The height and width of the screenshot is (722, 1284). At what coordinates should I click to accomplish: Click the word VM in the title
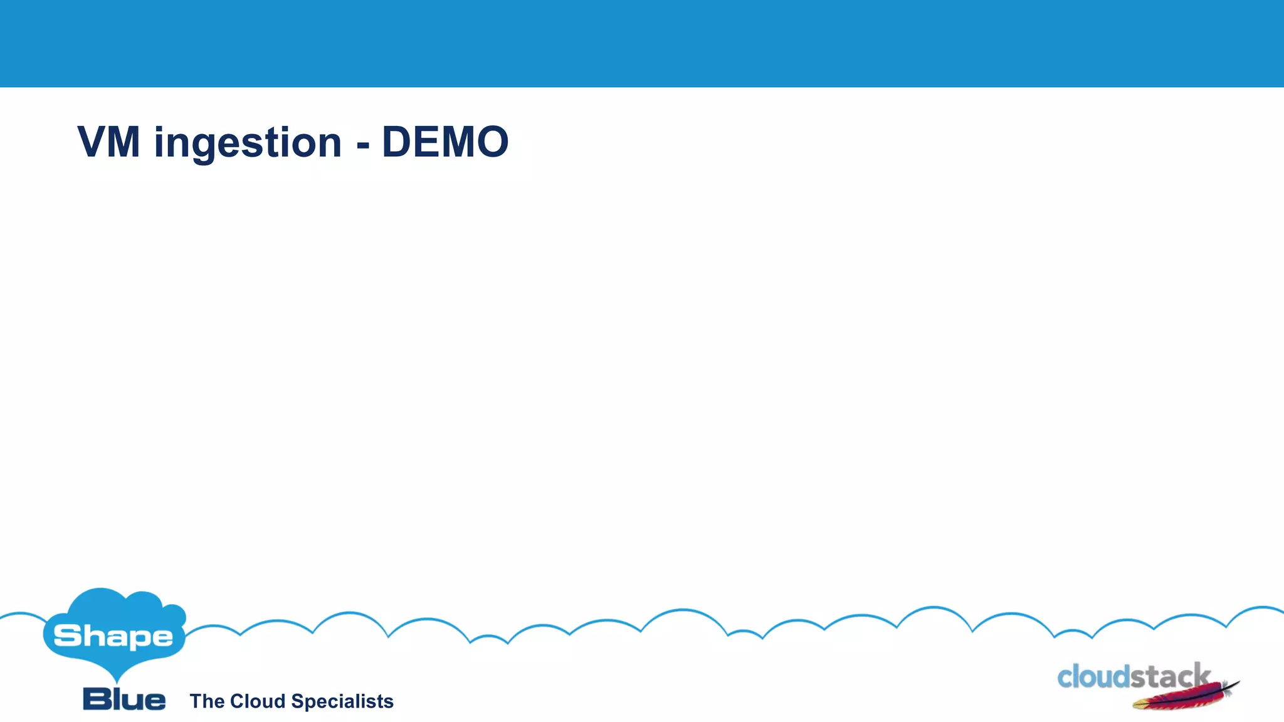[x=108, y=142]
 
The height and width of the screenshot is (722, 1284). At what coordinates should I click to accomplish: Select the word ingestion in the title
[x=248, y=144]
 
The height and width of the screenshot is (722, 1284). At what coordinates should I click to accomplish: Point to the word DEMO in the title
[x=445, y=142]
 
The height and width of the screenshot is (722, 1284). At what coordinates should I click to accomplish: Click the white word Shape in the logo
[x=113, y=637]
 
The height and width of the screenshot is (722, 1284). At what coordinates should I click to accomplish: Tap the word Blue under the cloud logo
[x=124, y=699]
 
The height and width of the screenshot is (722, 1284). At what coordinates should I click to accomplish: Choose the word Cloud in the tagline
[x=258, y=701]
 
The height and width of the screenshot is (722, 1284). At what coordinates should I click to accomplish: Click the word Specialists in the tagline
[x=342, y=702]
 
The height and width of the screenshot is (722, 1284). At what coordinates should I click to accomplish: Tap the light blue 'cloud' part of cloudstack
[x=1093, y=678]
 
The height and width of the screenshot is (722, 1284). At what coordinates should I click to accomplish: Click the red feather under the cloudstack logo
[x=1179, y=699]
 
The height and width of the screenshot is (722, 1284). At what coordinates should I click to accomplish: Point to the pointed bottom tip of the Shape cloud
[x=117, y=681]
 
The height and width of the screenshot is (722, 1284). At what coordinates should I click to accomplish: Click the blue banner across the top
[x=642, y=43]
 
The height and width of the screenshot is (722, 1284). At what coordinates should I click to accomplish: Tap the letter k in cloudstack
[x=1201, y=676]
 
